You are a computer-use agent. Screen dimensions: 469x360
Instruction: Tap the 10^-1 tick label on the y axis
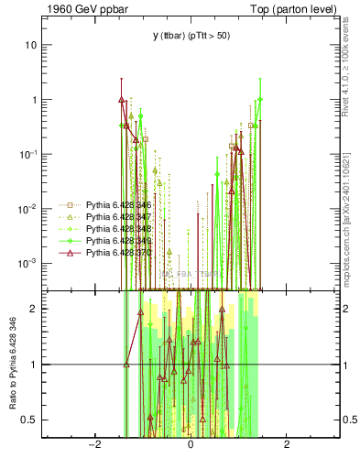pyautogui.click(x=29, y=154)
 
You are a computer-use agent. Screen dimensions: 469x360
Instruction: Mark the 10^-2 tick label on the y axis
pyautogui.click(x=29, y=208)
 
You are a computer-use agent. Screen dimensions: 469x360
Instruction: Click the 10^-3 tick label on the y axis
pyautogui.click(x=29, y=263)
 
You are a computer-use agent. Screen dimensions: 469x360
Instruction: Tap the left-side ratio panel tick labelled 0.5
pyautogui.click(x=30, y=420)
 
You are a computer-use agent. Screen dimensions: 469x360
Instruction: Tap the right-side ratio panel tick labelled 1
pyautogui.click(x=345, y=365)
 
